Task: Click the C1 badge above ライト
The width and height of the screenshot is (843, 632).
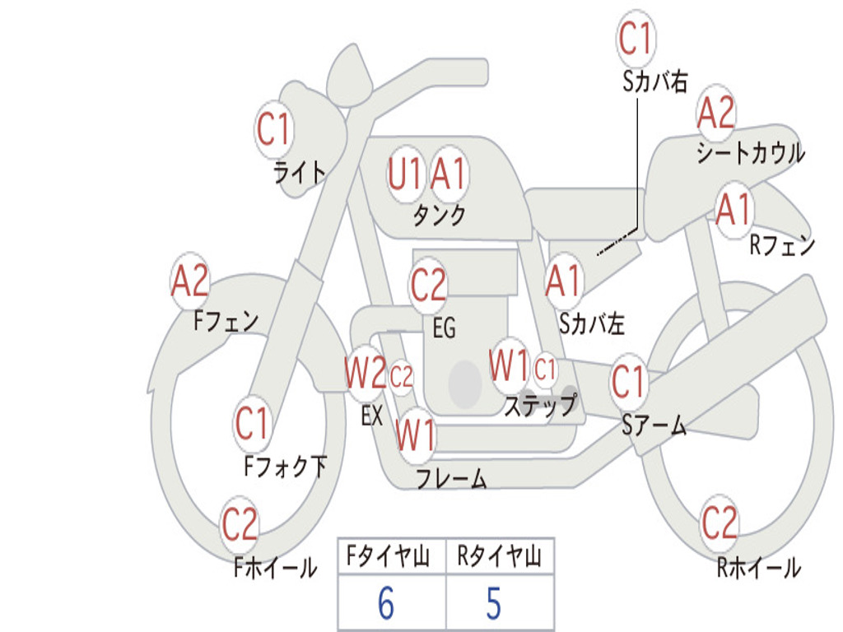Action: click(274, 129)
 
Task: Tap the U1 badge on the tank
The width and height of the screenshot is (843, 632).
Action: click(405, 174)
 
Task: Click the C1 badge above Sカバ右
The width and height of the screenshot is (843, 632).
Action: click(636, 38)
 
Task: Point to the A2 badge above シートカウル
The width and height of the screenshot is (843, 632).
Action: click(715, 113)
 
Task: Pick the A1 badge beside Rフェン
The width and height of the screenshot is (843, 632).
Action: click(734, 210)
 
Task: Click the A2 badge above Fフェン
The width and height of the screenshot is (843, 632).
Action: click(190, 281)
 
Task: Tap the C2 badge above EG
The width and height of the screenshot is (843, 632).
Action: click(428, 285)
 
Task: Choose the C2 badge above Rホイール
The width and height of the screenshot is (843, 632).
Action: click(719, 523)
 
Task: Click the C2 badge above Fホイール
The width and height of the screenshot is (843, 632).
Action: click(240, 524)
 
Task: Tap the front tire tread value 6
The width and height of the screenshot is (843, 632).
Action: click(386, 603)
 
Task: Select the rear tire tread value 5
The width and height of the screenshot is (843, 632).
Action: click(494, 603)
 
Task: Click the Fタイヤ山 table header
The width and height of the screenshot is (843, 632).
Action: click(389, 556)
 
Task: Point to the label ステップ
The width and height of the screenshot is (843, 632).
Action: click(540, 406)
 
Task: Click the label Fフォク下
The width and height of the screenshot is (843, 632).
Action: click(286, 466)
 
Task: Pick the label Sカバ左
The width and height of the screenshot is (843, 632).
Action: click(591, 324)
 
